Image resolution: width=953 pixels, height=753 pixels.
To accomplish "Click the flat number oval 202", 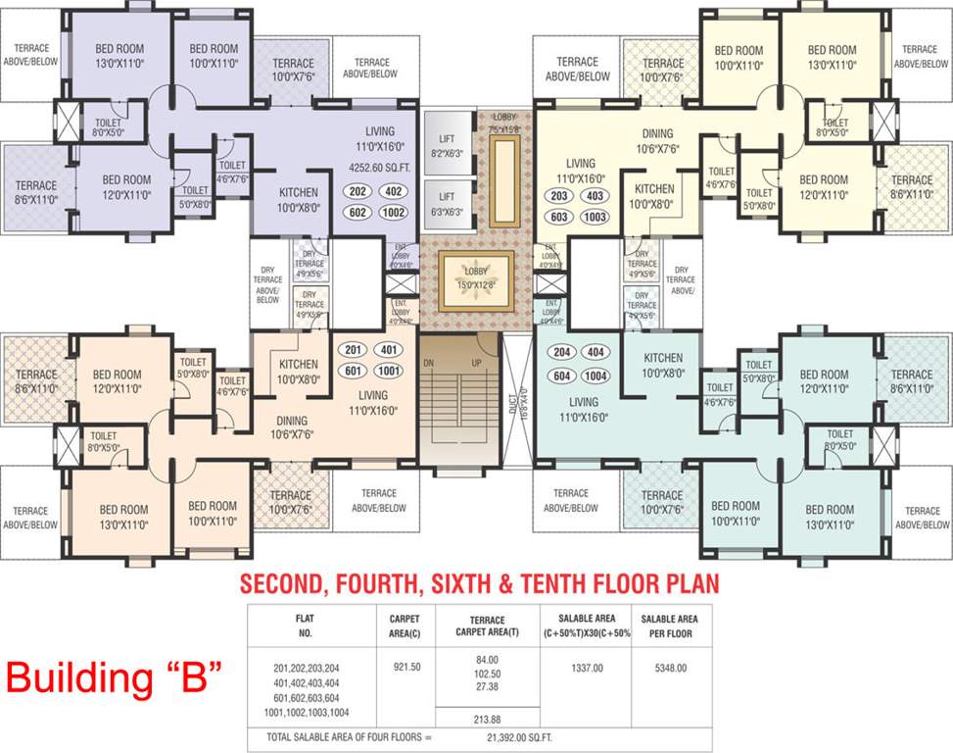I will [x=357, y=192].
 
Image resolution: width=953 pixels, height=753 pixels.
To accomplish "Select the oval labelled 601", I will [x=353, y=371].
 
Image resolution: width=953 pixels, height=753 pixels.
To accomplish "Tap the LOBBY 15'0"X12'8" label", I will [x=477, y=278].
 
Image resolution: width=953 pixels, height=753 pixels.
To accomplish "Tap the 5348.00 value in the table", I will [x=671, y=667].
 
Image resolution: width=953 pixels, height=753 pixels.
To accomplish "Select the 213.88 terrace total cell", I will [x=487, y=718].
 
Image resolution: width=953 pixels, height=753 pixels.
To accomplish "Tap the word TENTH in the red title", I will [x=561, y=585].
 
